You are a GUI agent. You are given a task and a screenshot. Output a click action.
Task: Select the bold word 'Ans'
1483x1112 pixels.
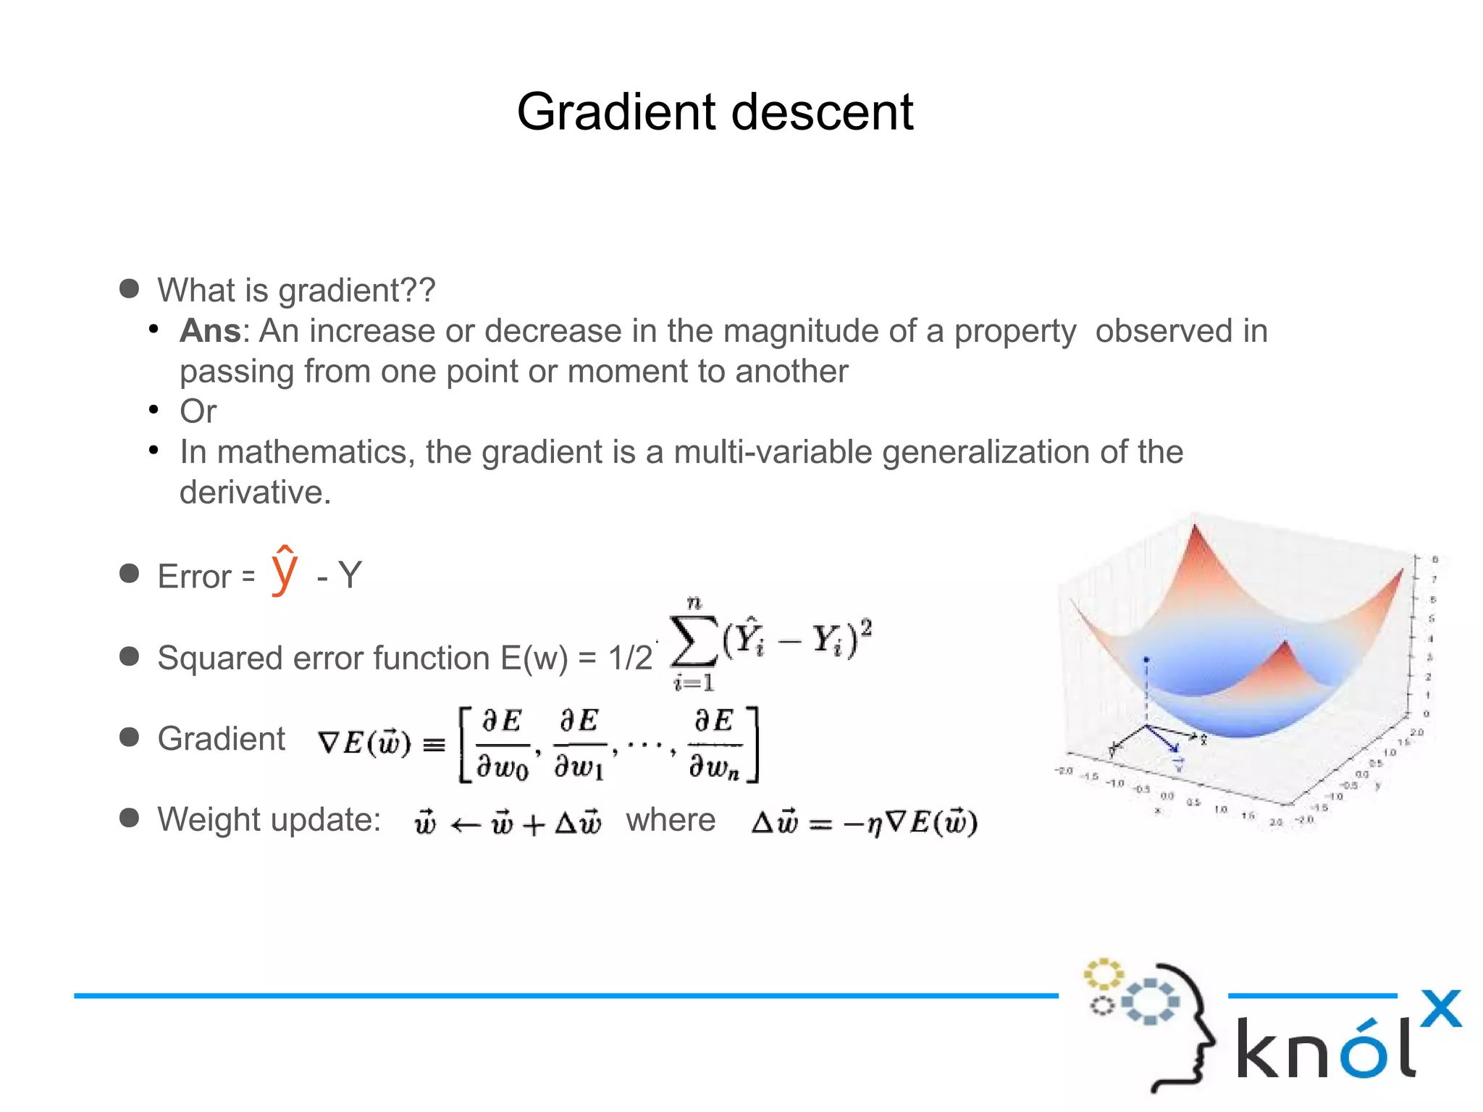(x=209, y=331)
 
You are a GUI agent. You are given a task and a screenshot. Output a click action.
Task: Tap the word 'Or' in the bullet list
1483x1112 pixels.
(x=198, y=411)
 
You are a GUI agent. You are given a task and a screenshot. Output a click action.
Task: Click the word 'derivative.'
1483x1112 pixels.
(x=255, y=493)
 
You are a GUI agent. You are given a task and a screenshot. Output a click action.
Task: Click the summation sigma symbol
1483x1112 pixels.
(x=693, y=641)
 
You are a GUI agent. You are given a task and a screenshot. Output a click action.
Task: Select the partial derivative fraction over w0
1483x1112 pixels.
(x=503, y=744)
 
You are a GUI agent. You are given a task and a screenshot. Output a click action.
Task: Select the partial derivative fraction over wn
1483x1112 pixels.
(x=714, y=744)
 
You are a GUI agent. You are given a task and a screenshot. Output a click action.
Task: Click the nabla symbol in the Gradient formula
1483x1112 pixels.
(x=329, y=743)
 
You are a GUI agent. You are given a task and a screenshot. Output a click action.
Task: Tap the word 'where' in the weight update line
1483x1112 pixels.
(x=671, y=820)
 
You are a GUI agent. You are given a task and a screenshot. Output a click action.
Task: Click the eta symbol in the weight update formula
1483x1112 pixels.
(x=875, y=825)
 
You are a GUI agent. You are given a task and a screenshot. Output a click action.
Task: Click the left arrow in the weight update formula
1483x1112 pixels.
(x=465, y=825)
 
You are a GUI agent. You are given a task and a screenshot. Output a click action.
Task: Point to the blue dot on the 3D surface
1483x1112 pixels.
(x=1146, y=660)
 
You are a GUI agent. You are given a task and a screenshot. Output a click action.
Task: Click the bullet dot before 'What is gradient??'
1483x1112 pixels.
(x=129, y=289)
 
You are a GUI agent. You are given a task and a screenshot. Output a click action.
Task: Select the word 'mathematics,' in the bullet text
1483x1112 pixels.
(x=316, y=452)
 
